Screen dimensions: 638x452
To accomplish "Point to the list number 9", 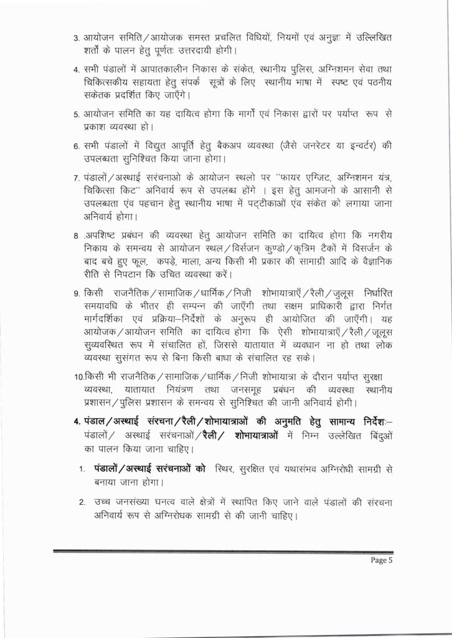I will coord(75,293).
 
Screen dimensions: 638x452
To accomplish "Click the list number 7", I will coord(75,172).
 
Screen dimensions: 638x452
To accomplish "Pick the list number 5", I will coord(75,114).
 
